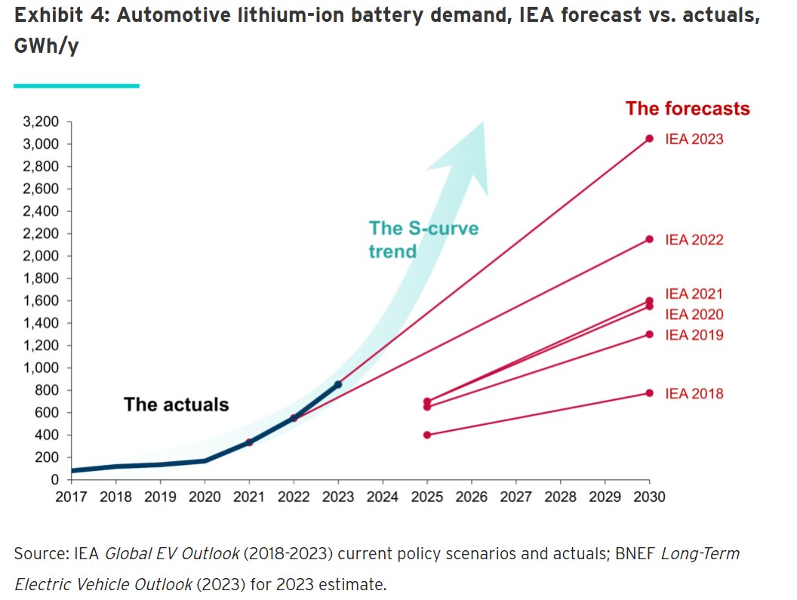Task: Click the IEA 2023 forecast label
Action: pyautogui.click(x=694, y=140)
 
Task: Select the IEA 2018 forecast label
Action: pyautogui.click(x=694, y=394)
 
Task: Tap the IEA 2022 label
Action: pyautogui.click(x=694, y=240)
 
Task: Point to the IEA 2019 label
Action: pyautogui.click(x=694, y=335)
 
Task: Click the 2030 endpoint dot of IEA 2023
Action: pyautogui.click(x=650, y=138)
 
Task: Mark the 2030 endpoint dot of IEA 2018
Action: pyautogui.click(x=650, y=393)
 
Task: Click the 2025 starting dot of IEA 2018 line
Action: pyautogui.click(x=427, y=435)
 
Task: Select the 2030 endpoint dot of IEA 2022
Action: pyautogui.click(x=650, y=239)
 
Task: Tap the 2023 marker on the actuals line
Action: pyautogui.click(x=338, y=385)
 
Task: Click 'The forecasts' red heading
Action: pyautogui.click(x=688, y=109)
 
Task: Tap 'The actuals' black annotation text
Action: pyautogui.click(x=176, y=405)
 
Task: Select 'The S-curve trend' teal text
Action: pyautogui.click(x=423, y=239)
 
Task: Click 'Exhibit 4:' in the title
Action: pyautogui.click(x=60, y=17)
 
